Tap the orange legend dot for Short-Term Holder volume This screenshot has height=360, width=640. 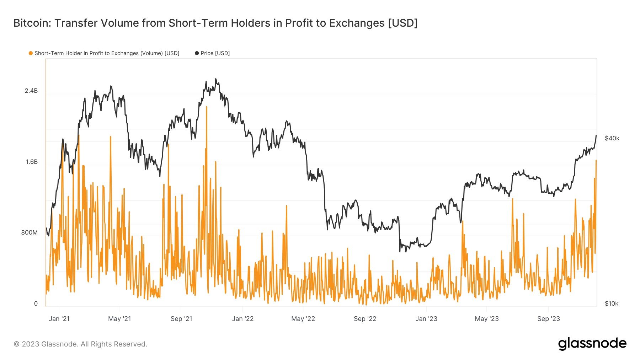pos(31,53)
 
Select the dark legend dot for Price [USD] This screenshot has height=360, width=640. pos(197,53)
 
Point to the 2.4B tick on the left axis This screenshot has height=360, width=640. pos(31,91)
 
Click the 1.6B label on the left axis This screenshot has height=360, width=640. pos(31,162)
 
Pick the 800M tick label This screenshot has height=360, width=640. pos(29,233)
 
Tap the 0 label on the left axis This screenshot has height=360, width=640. pos(36,303)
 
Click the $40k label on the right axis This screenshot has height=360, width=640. pos(612,139)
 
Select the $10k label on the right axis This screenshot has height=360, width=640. pos(612,303)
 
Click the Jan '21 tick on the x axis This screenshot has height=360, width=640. pos(59,319)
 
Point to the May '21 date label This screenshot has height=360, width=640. pos(119,319)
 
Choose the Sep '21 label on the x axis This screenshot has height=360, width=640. pos(181,319)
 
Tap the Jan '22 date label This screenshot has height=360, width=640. pos(243,319)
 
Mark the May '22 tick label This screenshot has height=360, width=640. pos(303,319)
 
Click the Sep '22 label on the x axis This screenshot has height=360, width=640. pos(365,319)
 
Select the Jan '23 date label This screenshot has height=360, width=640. pos(426,319)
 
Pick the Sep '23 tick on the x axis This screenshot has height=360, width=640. pos(549,319)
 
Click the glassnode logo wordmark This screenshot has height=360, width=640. pos(592,344)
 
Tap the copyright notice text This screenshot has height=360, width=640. pos(80,344)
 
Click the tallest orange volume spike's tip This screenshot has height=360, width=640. pos(207,107)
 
